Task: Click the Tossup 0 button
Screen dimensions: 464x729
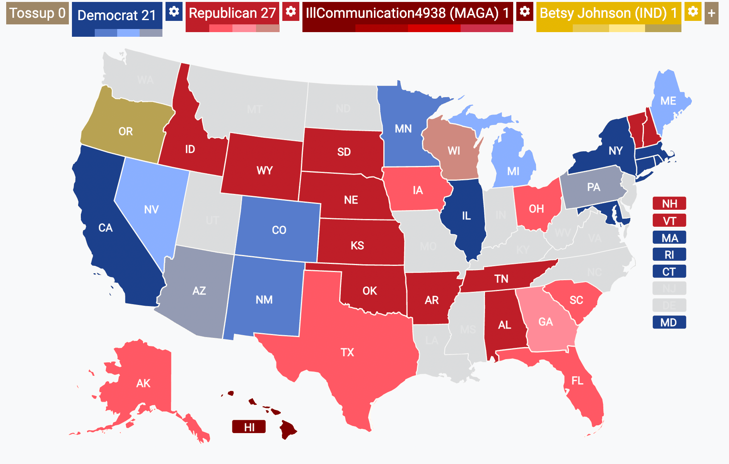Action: pos(38,13)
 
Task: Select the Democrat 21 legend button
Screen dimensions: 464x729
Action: pos(117,15)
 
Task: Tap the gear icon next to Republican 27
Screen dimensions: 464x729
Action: pos(290,11)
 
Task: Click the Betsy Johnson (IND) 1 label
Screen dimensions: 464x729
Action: pos(608,13)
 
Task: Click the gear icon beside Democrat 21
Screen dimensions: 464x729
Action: pos(174,11)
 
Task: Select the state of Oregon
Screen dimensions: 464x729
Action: pos(126,131)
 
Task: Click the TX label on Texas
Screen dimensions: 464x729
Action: pos(347,352)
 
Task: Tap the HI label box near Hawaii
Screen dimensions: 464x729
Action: pos(249,427)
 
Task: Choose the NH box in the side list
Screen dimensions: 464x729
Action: pos(669,204)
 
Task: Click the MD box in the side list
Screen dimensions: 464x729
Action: pos(669,322)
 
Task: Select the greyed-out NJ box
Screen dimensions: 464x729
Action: pos(669,288)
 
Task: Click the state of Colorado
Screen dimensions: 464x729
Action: pos(279,230)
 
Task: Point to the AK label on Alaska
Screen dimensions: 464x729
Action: pos(143,383)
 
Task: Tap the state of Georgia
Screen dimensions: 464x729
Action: pos(545,322)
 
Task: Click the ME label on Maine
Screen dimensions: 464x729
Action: pos(668,101)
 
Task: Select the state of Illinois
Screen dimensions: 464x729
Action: pos(466,216)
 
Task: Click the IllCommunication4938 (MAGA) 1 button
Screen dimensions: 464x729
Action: pos(407,13)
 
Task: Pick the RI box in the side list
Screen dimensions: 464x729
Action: pos(669,255)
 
